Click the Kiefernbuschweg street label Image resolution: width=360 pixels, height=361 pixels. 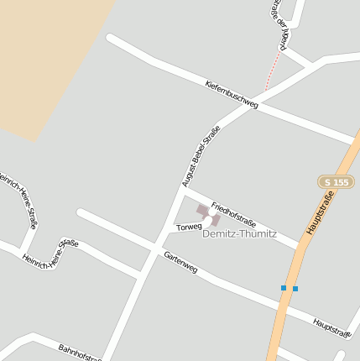pyautogui.click(x=232, y=95)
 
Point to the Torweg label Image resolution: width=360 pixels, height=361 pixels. pyautogui.click(x=189, y=227)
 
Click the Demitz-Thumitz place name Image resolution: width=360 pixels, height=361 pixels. pyautogui.click(x=239, y=233)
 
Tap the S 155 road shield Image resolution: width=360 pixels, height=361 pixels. pyautogui.click(x=337, y=182)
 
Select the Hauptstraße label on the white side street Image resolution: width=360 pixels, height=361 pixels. pyautogui.click(x=331, y=327)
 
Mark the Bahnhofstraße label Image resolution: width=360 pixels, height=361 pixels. pyautogui.click(x=80, y=352)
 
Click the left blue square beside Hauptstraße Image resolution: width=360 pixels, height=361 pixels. pyautogui.click(x=284, y=288)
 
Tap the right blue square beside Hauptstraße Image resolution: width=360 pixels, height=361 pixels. pyautogui.click(x=295, y=289)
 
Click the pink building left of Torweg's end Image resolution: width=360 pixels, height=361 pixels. pyautogui.click(x=201, y=210)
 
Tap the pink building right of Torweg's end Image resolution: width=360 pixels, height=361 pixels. pyautogui.click(x=216, y=220)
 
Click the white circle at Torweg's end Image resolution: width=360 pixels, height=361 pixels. pyautogui.click(x=208, y=218)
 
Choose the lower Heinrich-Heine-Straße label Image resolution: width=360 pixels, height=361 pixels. pyautogui.click(x=50, y=252)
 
